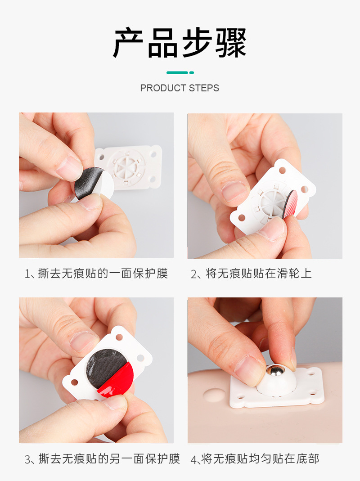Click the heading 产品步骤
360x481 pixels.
point(180,44)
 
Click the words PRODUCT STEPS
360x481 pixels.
point(180,88)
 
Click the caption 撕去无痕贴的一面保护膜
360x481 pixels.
point(103,274)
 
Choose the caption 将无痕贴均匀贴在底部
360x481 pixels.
point(261,459)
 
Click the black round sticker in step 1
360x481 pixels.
point(88,182)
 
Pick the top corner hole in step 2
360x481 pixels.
point(282,171)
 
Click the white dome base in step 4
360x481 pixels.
point(275,385)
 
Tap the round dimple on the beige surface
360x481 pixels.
point(214,396)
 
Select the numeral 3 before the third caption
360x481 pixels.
point(27,459)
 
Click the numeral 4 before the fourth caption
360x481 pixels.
point(194,459)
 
